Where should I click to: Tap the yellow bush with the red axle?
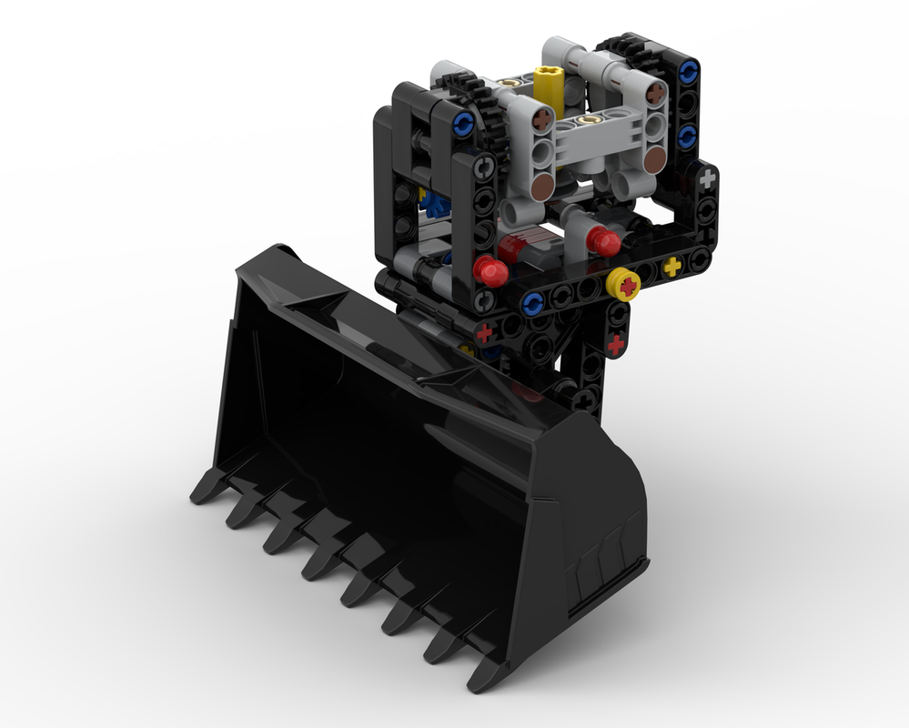point(626,285)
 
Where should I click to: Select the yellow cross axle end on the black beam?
point(672,266)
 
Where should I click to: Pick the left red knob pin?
point(490,269)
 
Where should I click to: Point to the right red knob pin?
point(602,241)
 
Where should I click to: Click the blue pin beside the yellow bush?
point(534,300)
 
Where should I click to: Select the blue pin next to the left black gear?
point(462,122)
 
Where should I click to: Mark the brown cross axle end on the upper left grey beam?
point(543,118)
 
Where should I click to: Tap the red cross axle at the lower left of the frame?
point(485,331)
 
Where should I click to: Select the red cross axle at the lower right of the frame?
point(615,345)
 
